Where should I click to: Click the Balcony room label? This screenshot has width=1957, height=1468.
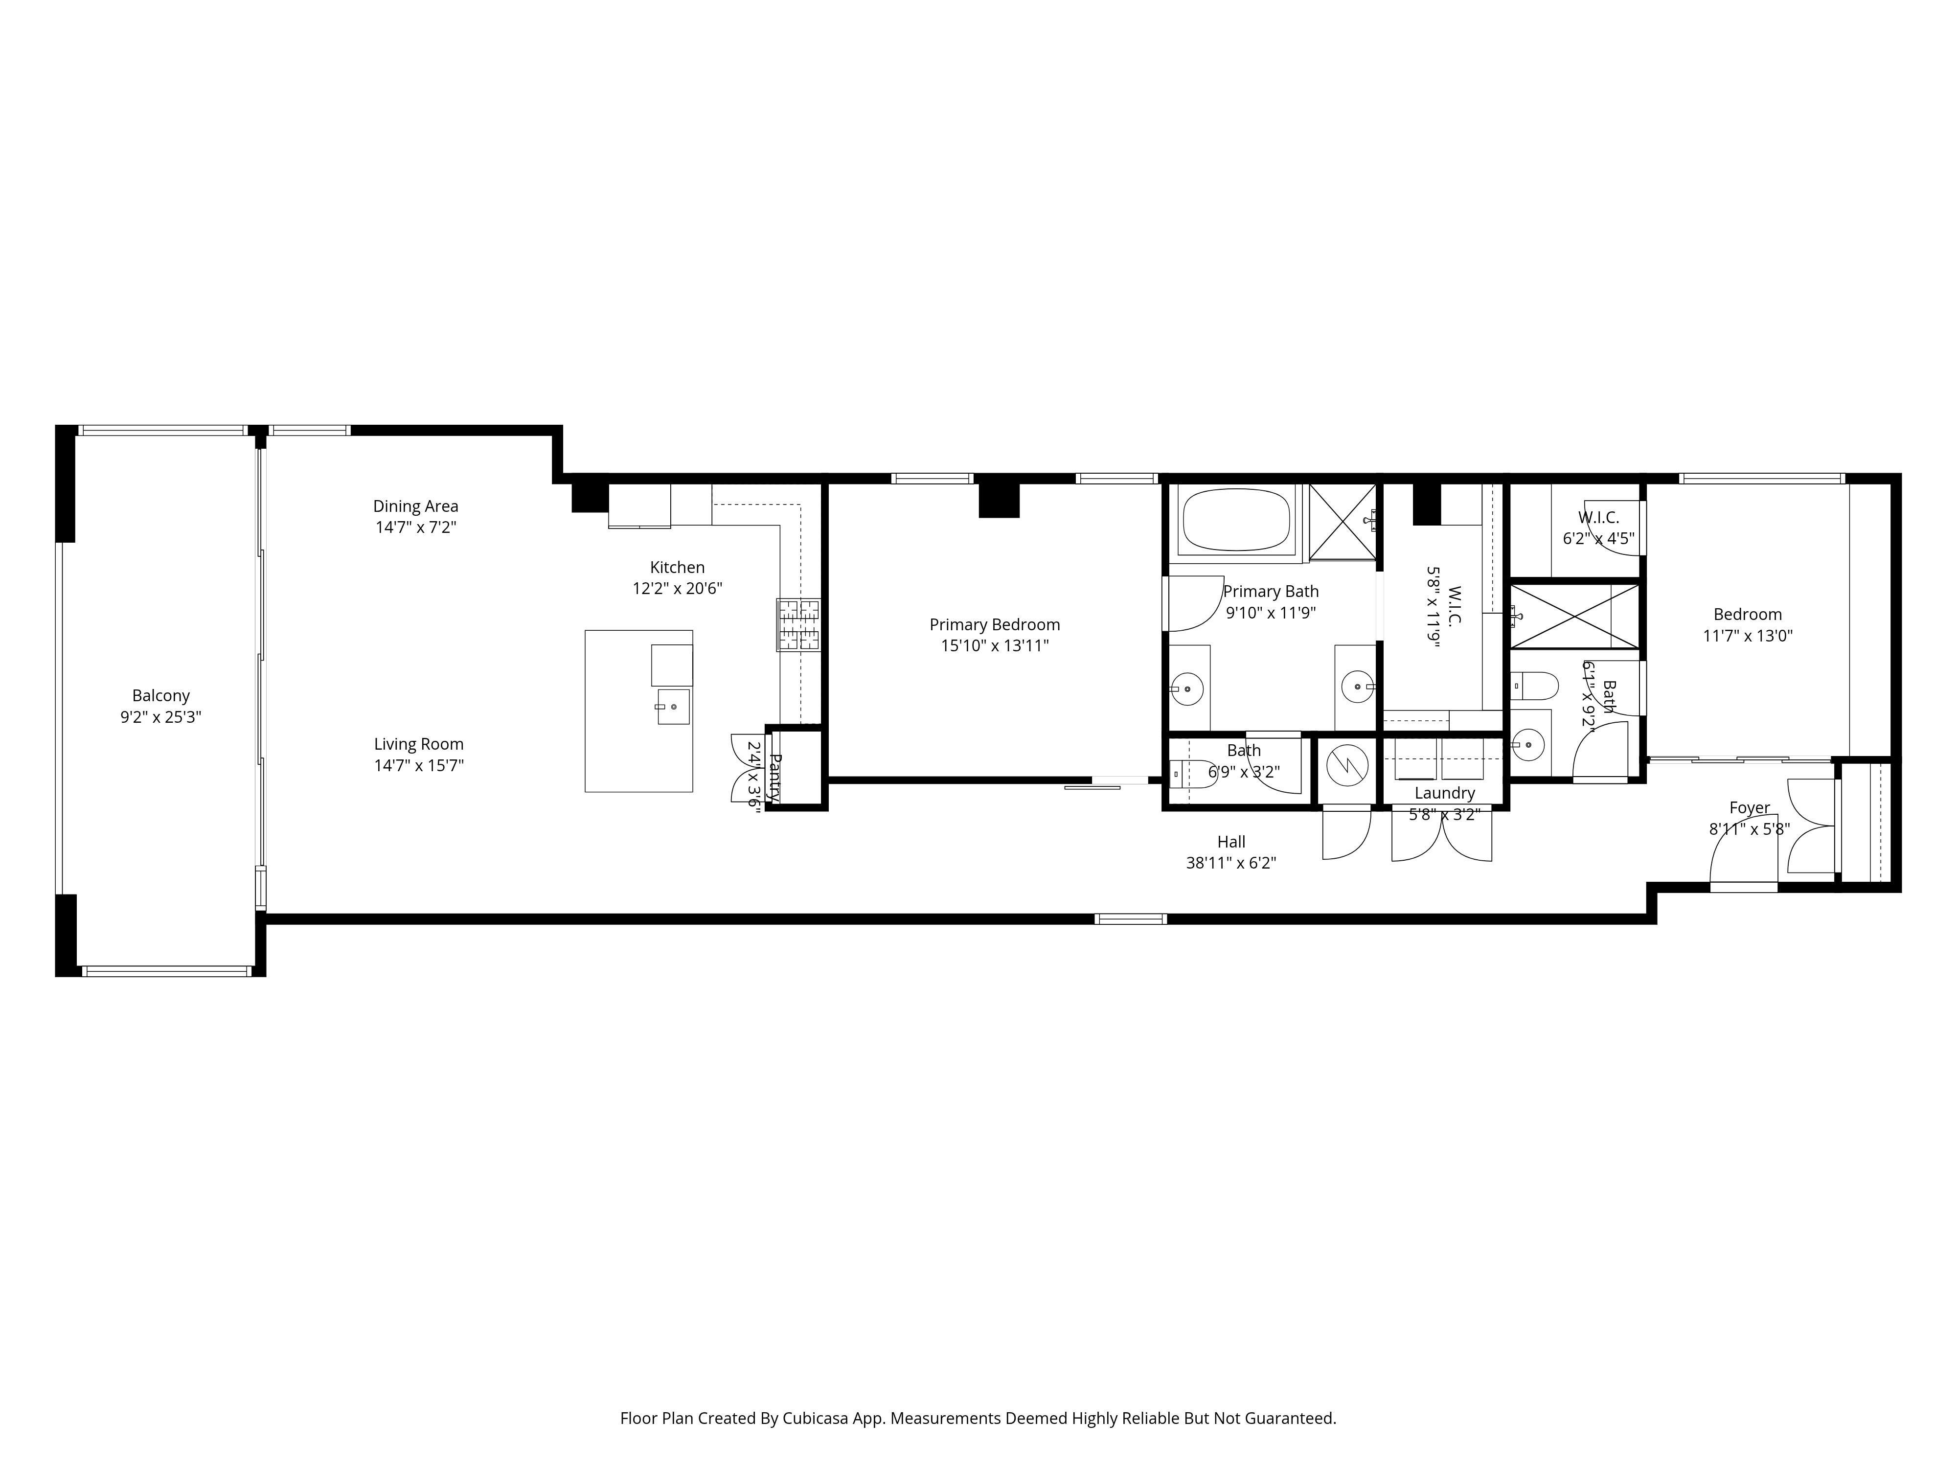pos(161,695)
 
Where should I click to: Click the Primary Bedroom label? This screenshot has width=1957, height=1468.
pos(995,625)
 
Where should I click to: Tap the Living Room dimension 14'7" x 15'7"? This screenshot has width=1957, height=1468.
pos(418,765)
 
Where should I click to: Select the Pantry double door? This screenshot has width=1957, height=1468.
pos(743,768)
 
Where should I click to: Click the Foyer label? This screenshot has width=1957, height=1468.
pos(1749,808)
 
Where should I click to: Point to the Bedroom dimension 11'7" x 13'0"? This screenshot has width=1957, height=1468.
pos(1747,635)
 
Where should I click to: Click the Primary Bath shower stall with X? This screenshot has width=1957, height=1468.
pos(1342,522)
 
